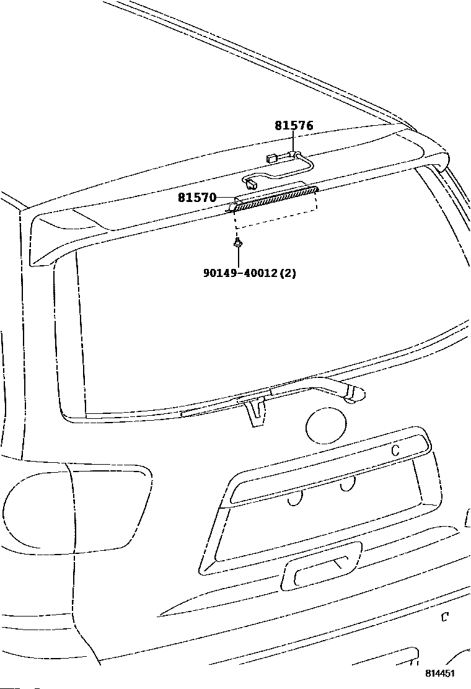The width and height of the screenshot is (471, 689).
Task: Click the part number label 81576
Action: point(294,126)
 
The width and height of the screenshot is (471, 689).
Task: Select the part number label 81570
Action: point(197,198)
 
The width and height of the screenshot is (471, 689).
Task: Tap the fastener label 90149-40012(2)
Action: point(250,273)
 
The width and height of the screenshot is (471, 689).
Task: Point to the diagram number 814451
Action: point(439,673)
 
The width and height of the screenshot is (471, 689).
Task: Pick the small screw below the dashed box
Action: point(238,242)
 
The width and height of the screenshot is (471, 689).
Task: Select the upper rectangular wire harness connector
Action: point(271,158)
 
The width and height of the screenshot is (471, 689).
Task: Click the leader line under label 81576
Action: point(294,141)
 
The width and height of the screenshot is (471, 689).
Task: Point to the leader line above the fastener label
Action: point(238,258)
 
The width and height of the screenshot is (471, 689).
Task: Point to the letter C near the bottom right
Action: point(444,617)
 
